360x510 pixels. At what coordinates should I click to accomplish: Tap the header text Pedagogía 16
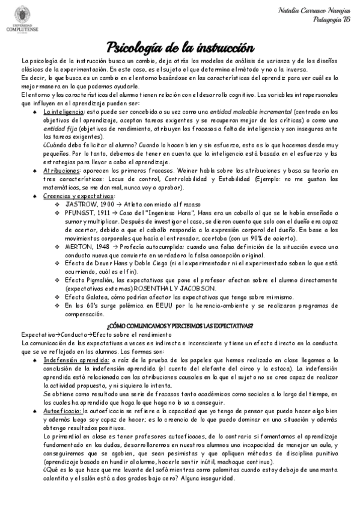point(331,20)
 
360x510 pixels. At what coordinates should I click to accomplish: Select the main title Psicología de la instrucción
point(180,46)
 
